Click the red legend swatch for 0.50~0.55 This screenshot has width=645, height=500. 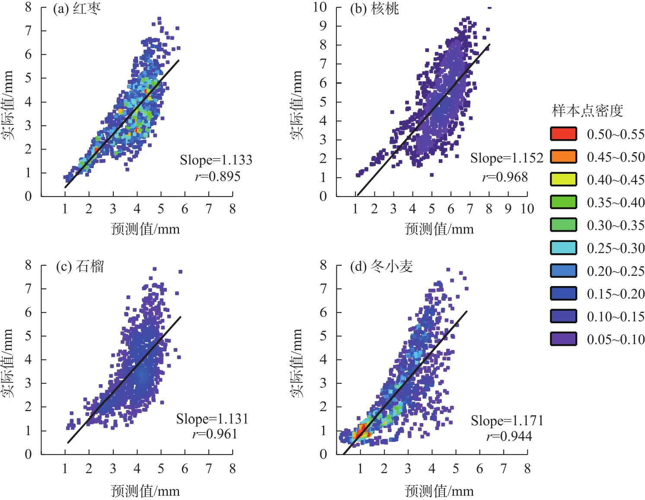(563, 134)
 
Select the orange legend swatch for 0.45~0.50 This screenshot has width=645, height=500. (563, 156)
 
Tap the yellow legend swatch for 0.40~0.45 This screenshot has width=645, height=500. (563, 179)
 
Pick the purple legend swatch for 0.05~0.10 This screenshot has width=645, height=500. (563, 339)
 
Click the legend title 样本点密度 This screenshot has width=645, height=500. (588, 111)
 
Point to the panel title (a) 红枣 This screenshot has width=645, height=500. (77, 9)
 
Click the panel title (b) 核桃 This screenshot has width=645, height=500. (374, 9)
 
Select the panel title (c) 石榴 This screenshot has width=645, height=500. (80, 266)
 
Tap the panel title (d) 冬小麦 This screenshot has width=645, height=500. (381, 266)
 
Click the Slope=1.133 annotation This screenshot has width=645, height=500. (216, 160)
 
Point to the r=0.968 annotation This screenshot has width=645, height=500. (505, 177)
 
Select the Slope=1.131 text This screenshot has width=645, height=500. (212, 418)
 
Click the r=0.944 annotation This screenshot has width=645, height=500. (509, 436)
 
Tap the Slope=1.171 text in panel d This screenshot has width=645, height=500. (507, 420)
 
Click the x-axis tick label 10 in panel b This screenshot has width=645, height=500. (527, 209)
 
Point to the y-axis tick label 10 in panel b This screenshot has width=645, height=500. (320, 7)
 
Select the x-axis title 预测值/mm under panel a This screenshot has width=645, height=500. (145, 229)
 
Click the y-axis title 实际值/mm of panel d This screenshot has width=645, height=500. (297, 363)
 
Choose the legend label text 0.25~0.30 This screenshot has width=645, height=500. (616, 248)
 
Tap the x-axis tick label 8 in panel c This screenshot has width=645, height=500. (233, 468)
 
